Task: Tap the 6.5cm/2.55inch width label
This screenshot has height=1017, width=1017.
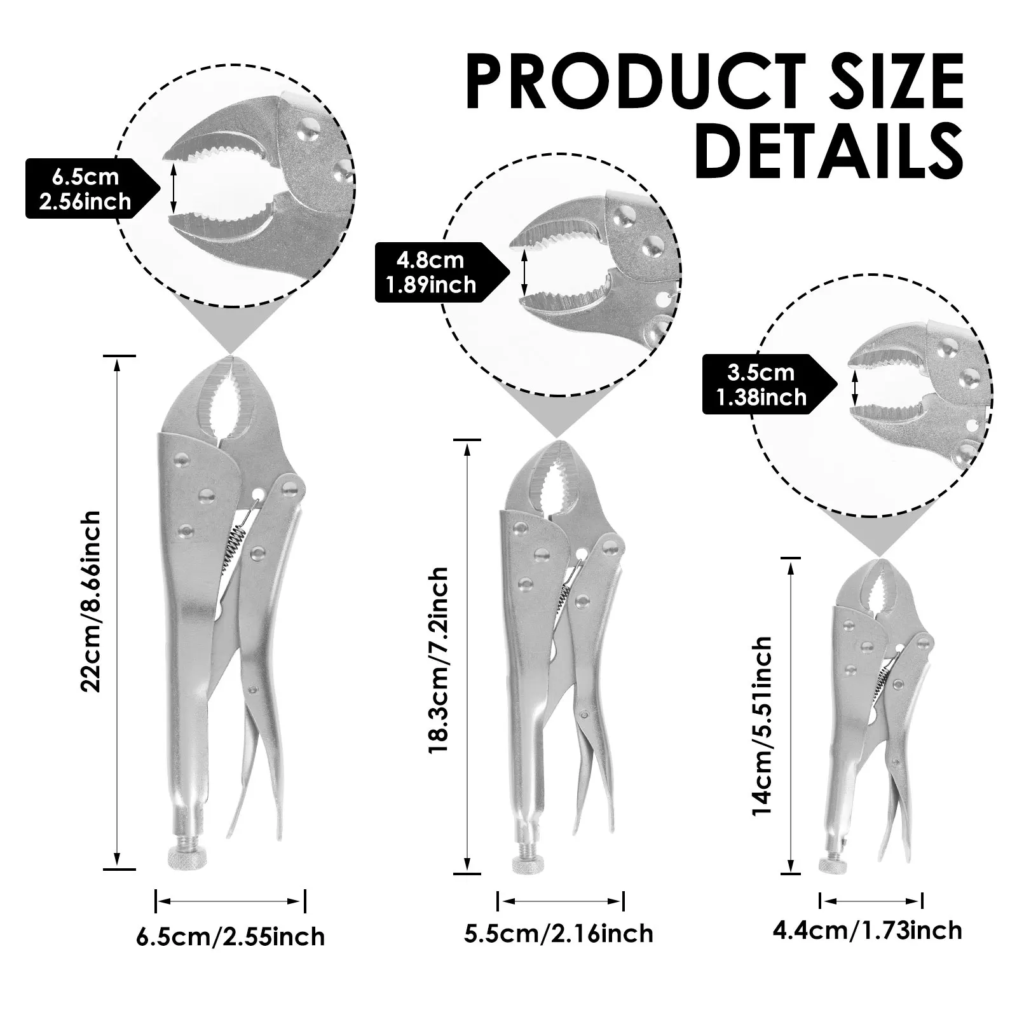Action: point(230,936)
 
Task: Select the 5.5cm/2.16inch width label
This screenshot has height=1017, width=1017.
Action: point(559,933)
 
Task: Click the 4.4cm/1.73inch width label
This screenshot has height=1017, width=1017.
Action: point(868,931)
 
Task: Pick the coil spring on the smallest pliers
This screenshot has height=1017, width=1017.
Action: point(883,678)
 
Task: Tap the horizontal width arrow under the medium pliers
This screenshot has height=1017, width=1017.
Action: point(561,901)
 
